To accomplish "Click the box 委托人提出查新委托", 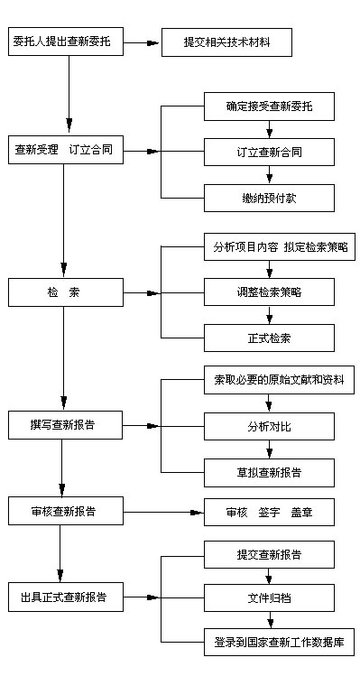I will tap(65, 42).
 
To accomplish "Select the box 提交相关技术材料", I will tap(226, 42).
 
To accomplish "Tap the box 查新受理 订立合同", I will tap(65, 150).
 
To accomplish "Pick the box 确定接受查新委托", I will tap(269, 106).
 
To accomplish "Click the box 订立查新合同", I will tap(269, 152).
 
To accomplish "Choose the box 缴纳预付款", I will tap(269, 197).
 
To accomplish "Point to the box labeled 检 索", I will tap(65, 292).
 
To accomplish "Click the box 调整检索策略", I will tap(269, 292).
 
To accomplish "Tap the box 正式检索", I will tap(269, 338).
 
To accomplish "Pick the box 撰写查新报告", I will tap(65, 425).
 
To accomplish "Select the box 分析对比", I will tap(269, 425).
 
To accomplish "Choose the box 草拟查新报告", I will tap(269, 471).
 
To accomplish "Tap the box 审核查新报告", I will tap(65, 511).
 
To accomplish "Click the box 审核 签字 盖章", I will tap(269, 512).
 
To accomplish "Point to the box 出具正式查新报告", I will tap(65, 597).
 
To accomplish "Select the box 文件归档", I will tap(269, 597).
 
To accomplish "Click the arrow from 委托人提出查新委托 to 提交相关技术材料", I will tap(142, 42).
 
